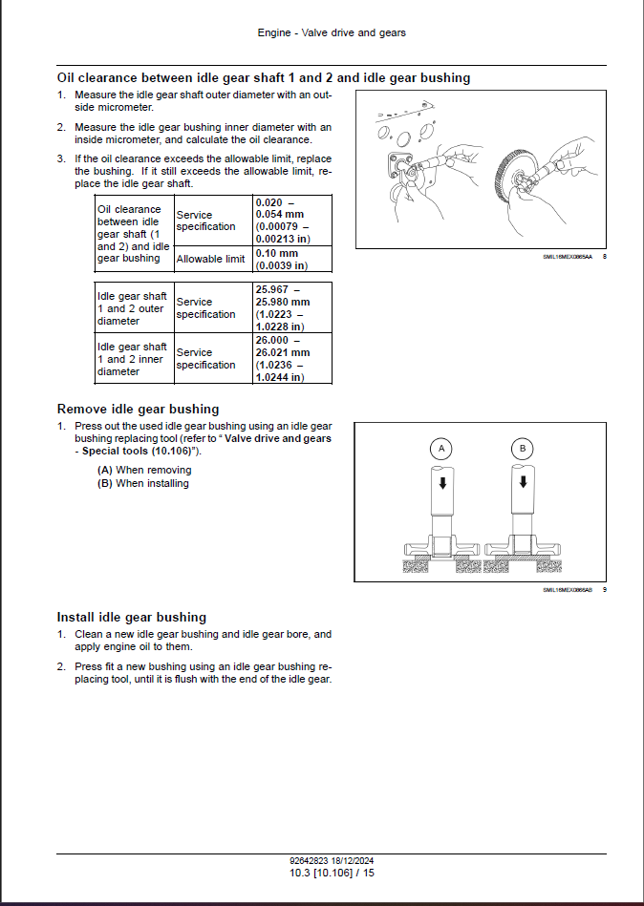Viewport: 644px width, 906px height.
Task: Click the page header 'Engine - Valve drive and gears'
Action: pyautogui.click(x=332, y=32)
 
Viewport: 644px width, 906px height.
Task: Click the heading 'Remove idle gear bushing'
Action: pyautogui.click(x=138, y=409)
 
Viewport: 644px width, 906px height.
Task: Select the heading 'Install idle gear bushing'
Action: pyautogui.click(x=132, y=617)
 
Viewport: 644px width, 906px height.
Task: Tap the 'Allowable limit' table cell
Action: pyautogui.click(x=211, y=259)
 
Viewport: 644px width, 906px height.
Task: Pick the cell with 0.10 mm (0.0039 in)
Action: pyautogui.click(x=292, y=260)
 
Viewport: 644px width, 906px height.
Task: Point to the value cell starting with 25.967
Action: pyautogui.click(x=292, y=307)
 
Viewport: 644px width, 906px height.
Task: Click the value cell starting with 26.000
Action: pyautogui.click(x=292, y=358)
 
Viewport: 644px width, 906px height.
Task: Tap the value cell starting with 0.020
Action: pyautogui.click(x=292, y=221)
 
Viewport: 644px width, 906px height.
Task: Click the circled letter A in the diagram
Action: pyautogui.click(x=441, y=448)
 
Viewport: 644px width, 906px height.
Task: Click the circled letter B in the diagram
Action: pyautogui.click(x=523, y=448)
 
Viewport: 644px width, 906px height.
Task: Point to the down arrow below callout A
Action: pyautogui.click(x=441, y=483)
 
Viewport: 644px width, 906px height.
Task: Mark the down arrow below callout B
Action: pyautogui.click(x=523, y=483)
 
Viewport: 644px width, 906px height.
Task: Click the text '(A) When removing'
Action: pyautogui.click(x=144, y=470)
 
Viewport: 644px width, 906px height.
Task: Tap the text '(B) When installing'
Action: pyautogui.click(x=143, y=483)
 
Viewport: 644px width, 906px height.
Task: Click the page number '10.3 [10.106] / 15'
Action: pyautogui.click(x=332, y=873)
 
